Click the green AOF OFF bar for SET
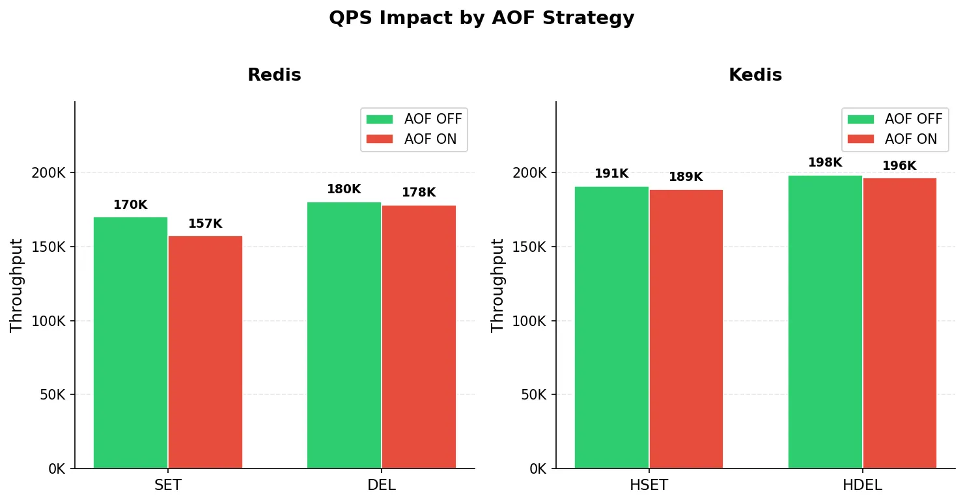130,343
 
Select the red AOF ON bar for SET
205,352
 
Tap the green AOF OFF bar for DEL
344,335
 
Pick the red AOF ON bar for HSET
686,329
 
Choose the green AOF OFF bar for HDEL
825,322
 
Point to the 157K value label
205,224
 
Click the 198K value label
825,163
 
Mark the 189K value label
686,177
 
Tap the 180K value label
344,189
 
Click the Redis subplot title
274,75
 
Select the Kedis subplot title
755,75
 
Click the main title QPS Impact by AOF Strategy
482,18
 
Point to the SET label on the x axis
168,485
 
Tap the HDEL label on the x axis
862,485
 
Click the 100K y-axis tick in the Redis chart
48,321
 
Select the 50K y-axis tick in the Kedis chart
533,395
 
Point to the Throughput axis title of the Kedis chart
497,285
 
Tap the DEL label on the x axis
381,485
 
